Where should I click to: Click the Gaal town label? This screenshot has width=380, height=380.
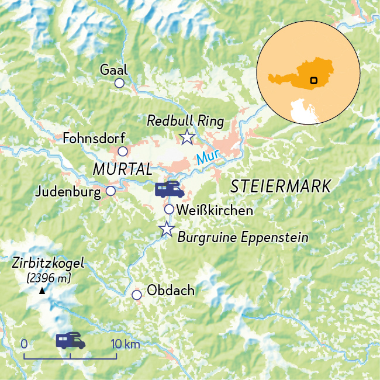pyautogui.click(x=113, y=70)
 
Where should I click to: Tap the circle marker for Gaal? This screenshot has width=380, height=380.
pyautogui.click(x=119, y=83)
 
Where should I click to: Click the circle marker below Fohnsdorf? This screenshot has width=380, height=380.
pyautogui.click(x=123, y=151)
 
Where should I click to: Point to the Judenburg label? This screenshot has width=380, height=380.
pyautogui.click(x=68, y=191)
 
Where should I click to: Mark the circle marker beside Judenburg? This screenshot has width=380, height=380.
pyautogui.click(x=110, y=191)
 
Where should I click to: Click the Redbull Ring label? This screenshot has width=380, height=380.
pyautogui.click(x=185, y=121)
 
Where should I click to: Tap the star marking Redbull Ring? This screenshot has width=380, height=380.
pyautogui.click(x=187, y=137)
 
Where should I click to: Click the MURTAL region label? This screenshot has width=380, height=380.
pyautogui.click(x=122, y=169)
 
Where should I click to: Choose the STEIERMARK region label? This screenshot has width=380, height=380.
pyautogui.click(x=281, y=186)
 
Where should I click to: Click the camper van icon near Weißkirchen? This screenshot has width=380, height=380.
pyautogui.click(x=170, y=189)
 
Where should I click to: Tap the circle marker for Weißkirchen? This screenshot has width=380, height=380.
pyautogui.click(x=169, y=209)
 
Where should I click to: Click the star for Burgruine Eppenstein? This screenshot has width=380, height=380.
pyautogui.click(x=167, y=229)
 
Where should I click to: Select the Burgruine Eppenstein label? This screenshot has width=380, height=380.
pyautogui.click(x=242, y=237)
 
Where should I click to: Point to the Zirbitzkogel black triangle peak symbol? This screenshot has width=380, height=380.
pyautogui.click(x=42, y=291)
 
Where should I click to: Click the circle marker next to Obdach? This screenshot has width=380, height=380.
pyautogui.click(x=137, y=295)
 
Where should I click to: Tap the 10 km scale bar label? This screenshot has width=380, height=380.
pyautogui.click(x=125, y=344)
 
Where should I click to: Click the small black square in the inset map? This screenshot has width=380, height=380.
pyautogui.click(x=314, y=80)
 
